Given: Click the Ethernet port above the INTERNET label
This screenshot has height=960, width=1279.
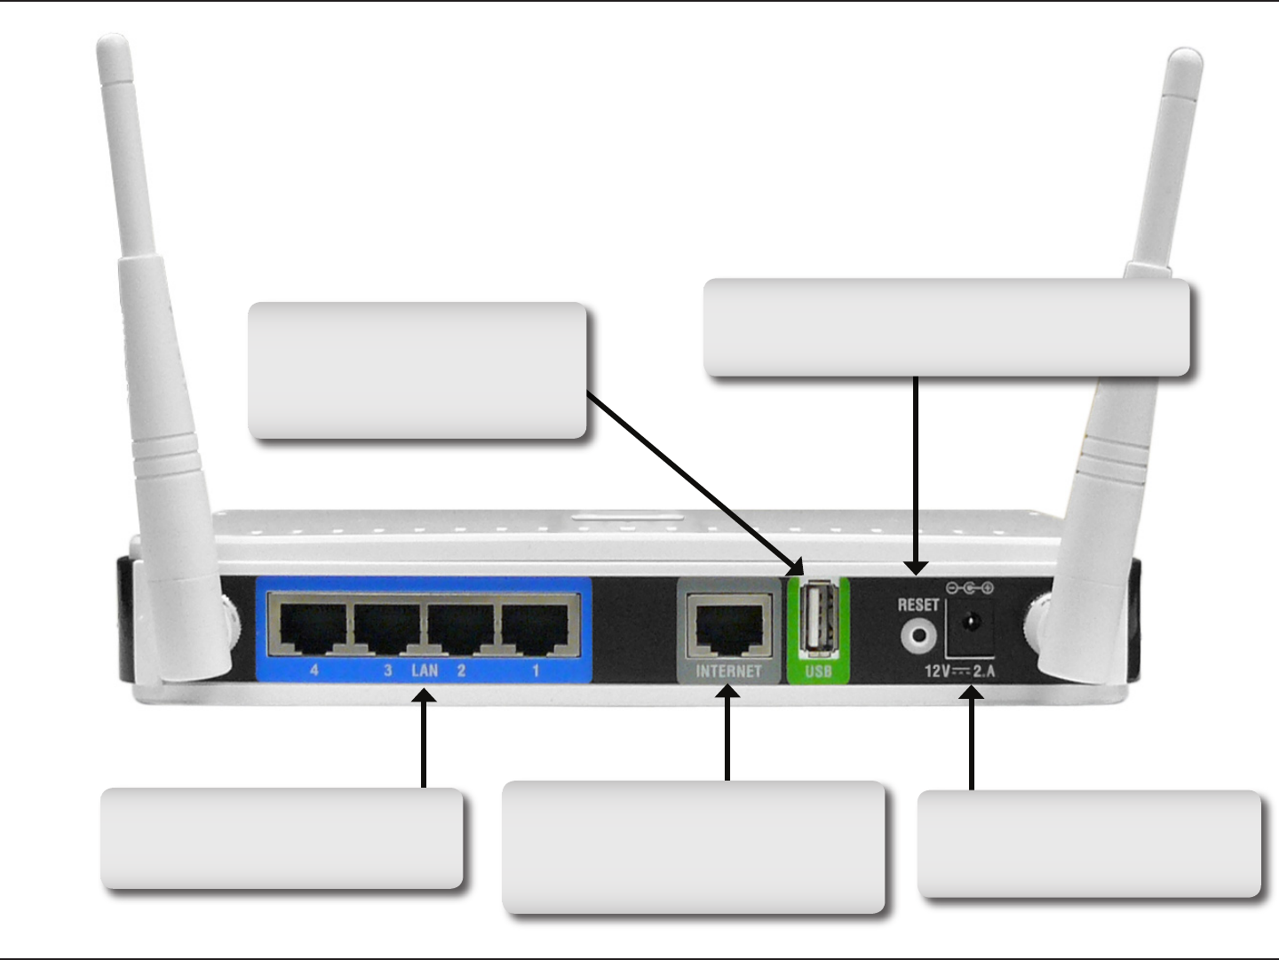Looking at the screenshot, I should click(x=729, y=626).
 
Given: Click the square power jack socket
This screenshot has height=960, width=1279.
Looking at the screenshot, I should click(x=970, y=626).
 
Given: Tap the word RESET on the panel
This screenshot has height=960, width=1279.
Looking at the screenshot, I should click(x=918, y=605).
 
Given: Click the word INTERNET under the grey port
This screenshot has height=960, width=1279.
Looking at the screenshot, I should click(x=728, y=671).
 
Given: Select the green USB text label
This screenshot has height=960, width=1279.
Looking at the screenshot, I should click(x=818, y=671).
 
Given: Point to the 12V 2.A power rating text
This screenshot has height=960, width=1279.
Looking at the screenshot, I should click(x=960, y=670).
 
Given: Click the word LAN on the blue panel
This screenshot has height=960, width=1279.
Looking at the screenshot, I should click(x=425, y=670).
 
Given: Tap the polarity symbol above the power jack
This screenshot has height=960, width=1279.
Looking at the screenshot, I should click(x=969, y=588).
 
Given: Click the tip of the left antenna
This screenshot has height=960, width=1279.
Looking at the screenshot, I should click(x=113, y=44).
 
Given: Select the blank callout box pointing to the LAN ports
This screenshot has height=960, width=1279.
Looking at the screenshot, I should click(x=282, y=837).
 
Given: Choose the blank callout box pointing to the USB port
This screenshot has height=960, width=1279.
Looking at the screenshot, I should click(x=417, y=370).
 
